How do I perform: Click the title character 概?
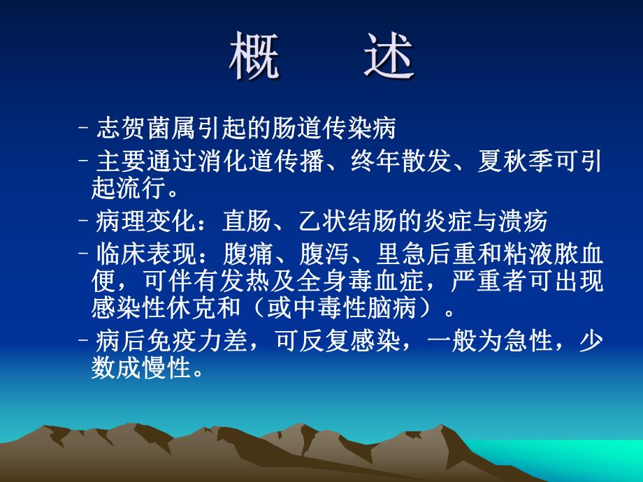click(x=255, y=57)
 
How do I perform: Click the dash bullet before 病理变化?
click(x=85, y=222)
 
